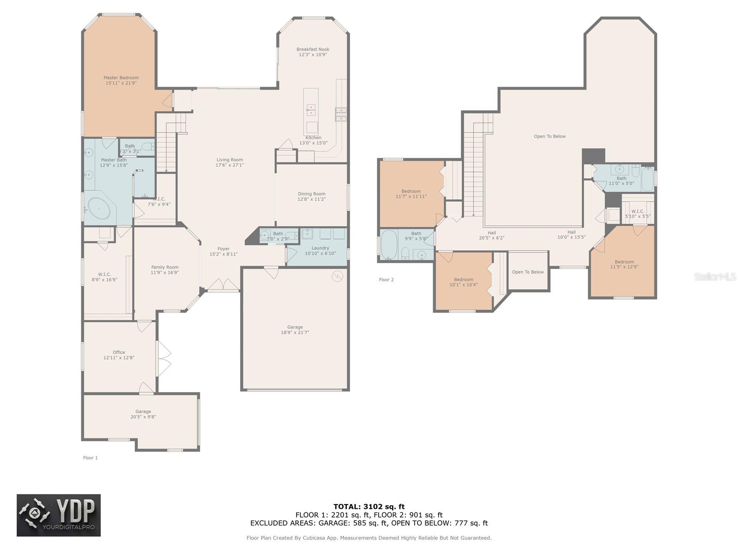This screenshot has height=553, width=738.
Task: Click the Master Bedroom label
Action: pyautogui.click(x=121, y=78)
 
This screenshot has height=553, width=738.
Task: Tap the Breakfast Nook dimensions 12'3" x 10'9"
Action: pyautogui.click(x=313, y=55)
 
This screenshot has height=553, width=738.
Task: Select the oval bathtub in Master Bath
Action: pyautogui.click(x=99, y=209)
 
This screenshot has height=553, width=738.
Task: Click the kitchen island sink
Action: pyautogui.click(x=311, y=110)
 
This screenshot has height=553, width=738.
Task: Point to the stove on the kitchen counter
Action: pyautogui.click(x=341, y=113)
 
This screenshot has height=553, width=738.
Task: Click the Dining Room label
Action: pyautogui.click(x=311, y=194)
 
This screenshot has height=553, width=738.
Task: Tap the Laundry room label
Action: pyautogui.click(x=320, y=248)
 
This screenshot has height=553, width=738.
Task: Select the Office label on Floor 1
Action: pyautogui.click(x=119, y=352)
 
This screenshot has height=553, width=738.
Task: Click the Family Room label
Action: pyautogui.click(x=165, y=267)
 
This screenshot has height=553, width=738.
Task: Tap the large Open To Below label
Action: pyautogui.click(x=549, y=136)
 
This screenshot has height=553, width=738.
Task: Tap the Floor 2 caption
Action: pyautogui.click(x=386, y=280)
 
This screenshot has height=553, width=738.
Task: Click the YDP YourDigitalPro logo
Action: pyautogui.click(x=59, y=515)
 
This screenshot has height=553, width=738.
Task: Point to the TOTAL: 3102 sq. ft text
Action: pyautogui.click(x=369, y=506)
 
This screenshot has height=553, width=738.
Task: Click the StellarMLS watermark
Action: pyautogui.click(x=714, y=277)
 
